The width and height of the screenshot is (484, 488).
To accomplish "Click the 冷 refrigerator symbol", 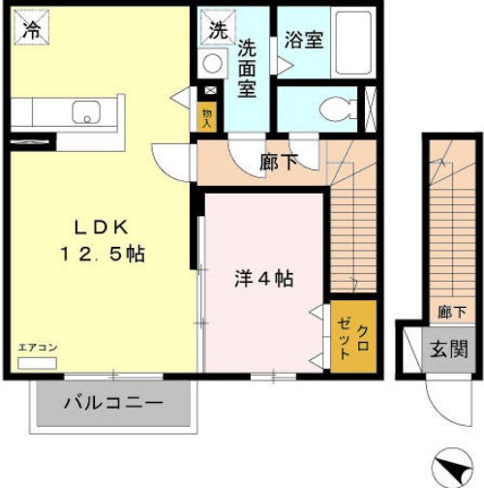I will [32, 29].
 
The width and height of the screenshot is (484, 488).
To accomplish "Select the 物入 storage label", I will [207, 116].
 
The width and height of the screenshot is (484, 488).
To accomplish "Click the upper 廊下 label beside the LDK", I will [279, 163].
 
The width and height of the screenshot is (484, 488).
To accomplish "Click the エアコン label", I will [38, 347].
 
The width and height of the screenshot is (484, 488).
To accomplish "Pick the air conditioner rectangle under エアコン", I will [38, 362].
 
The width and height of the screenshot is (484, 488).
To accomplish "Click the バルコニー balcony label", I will [113, 403].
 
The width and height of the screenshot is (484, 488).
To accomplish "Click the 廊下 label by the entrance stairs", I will [450, 312].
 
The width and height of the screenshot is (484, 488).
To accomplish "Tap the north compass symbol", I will [450, 465].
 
